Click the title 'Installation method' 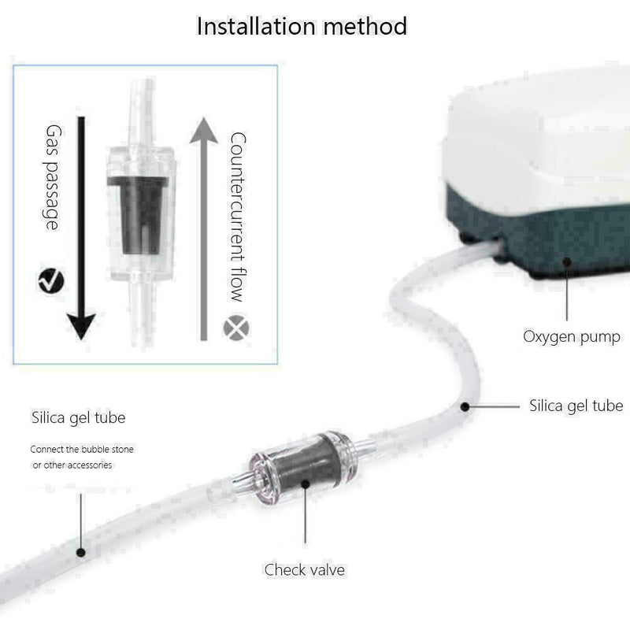[x=302, y=26]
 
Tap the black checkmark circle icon [x=50, y=279]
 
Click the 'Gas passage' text [x=53, y=176]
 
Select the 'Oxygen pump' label [x=572, y=337]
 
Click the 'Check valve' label [x=304, y=569]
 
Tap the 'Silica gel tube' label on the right [x=576, y=406]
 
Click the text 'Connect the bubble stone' [x=82, y=450]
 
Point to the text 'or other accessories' [x=72, y=465]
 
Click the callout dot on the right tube [x=465, y=407]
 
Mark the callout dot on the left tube [x=81, y=552]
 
